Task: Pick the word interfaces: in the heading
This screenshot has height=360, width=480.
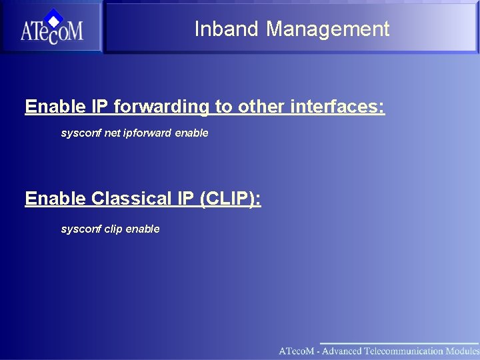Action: (x=337, y=107)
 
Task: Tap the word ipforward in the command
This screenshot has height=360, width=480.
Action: (x=147, y=133)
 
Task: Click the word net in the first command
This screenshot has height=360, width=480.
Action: (x=112, y=133)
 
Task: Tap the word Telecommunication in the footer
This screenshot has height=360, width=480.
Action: (x=403, y=351)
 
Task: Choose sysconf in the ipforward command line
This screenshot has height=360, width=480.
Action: (x=81, y=133)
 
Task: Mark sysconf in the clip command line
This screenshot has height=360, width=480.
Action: (x=81, y=229)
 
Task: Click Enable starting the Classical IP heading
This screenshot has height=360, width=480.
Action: (x=55, y=199)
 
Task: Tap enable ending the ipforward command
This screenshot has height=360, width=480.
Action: (x=191, y=133)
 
